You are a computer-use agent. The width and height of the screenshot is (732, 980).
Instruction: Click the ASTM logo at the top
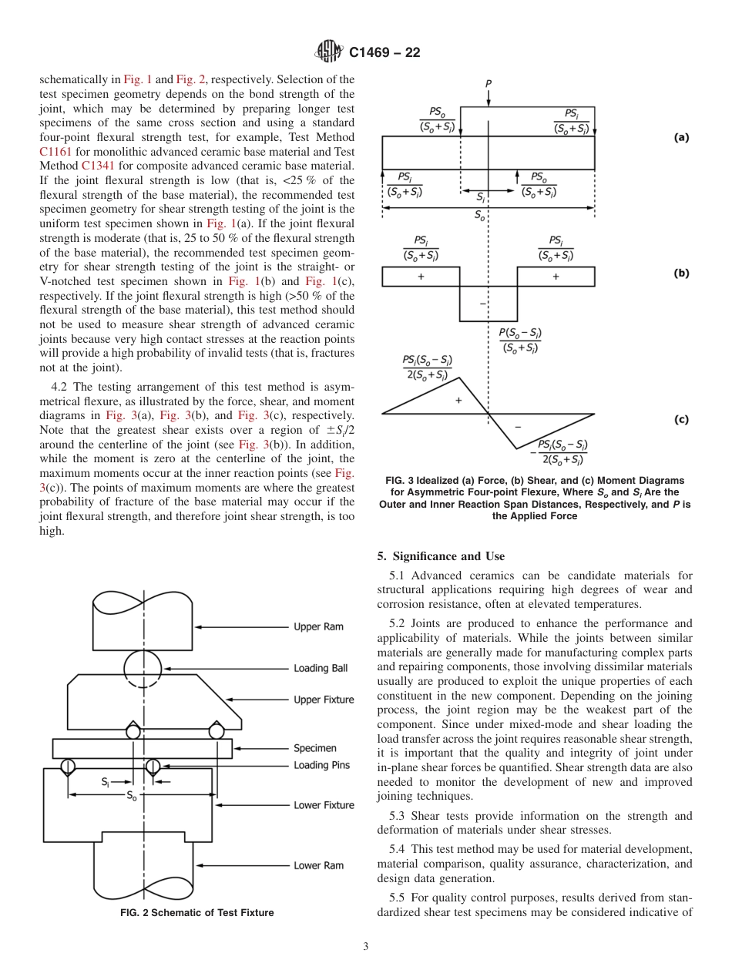[x=330, y=52]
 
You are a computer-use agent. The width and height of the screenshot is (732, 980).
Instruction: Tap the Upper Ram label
[x=318, y=626]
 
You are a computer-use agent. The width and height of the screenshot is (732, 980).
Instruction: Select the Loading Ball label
[x=321, y=668]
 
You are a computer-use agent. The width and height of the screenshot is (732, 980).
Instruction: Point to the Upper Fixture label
[x=324, y=700]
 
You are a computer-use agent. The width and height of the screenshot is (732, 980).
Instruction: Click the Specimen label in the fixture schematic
[x=314, y=748]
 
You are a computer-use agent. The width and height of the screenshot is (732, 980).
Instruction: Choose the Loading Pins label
[x=321, y=765]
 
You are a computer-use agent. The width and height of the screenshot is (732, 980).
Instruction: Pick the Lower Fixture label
[x=324, y=805]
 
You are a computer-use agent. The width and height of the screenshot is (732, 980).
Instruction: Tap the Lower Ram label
[x=318, y=865]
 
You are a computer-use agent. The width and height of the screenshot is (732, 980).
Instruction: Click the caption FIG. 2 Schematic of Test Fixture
[x=196, y=913]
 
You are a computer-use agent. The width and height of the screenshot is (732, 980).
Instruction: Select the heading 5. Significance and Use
[x=441, y=556]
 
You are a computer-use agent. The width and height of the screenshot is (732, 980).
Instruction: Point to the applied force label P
[x=489, y=83]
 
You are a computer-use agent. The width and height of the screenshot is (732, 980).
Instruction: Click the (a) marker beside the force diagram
[x=681, y=137]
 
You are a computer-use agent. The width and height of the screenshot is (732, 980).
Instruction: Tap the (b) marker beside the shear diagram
[x=681, y=273]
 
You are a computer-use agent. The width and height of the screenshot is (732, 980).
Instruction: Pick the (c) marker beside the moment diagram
[x=681, y=419]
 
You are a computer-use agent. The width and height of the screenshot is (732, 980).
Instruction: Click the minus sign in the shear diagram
[x=482, y=303]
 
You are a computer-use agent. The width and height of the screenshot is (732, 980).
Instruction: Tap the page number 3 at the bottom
[x=365, y=946]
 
